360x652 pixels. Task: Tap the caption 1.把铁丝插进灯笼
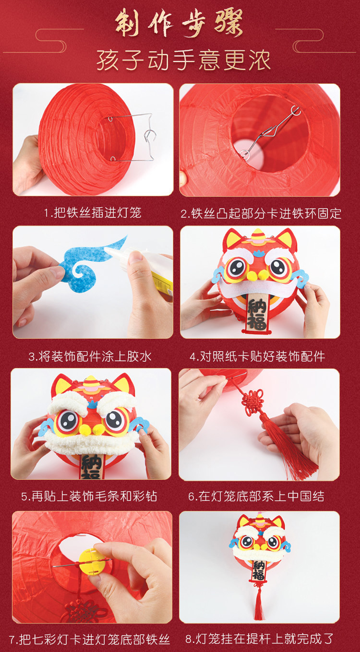pos(93,213)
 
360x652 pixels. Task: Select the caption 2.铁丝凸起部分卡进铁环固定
pos(261,213)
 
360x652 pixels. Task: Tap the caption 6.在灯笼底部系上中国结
pos(256,497)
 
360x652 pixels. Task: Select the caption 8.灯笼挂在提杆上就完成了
pos(259,639)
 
